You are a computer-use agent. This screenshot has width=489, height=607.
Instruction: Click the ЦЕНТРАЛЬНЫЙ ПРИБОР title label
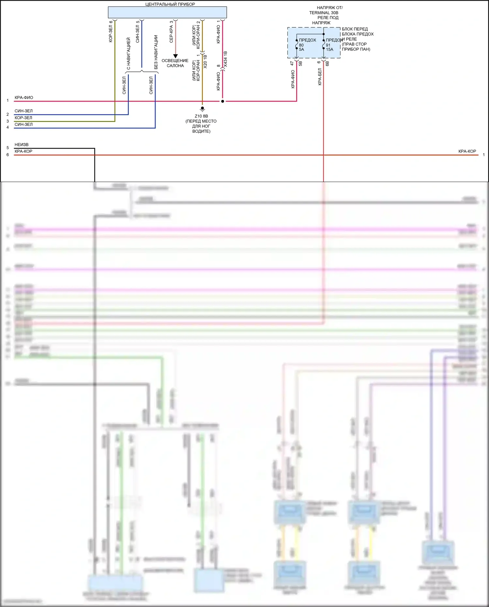[170, 4]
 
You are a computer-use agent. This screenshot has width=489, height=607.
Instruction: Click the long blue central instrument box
[167, 13]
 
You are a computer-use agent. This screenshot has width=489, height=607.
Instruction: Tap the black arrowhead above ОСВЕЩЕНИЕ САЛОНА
[176, 56]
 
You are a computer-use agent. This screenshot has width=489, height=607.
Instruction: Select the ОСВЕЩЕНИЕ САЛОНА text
[175, 63]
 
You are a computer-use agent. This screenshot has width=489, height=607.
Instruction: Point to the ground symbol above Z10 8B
[202, 109]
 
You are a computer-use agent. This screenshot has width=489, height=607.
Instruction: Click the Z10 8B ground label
[201, 116]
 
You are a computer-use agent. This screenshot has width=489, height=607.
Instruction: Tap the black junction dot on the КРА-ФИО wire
[222, 101]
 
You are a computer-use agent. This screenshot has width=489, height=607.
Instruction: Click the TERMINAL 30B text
[324, 13]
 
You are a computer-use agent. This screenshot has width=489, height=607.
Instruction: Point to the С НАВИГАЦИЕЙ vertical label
[129, 53]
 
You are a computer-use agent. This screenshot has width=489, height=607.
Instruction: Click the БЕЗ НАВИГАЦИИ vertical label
[156, 52]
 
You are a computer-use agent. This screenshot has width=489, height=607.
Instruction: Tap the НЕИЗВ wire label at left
[22, 144]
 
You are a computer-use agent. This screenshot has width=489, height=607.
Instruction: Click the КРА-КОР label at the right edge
[467, 151]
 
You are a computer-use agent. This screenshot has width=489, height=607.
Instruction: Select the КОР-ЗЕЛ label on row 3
[23, 118]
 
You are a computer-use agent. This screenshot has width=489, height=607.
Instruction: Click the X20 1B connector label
[205, 61]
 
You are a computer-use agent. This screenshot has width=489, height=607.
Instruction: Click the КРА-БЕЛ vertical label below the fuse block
[320, 77]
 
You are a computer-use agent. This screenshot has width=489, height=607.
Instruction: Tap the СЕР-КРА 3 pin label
[171, 32]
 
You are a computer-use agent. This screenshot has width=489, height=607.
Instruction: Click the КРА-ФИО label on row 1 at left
[24, 98]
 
